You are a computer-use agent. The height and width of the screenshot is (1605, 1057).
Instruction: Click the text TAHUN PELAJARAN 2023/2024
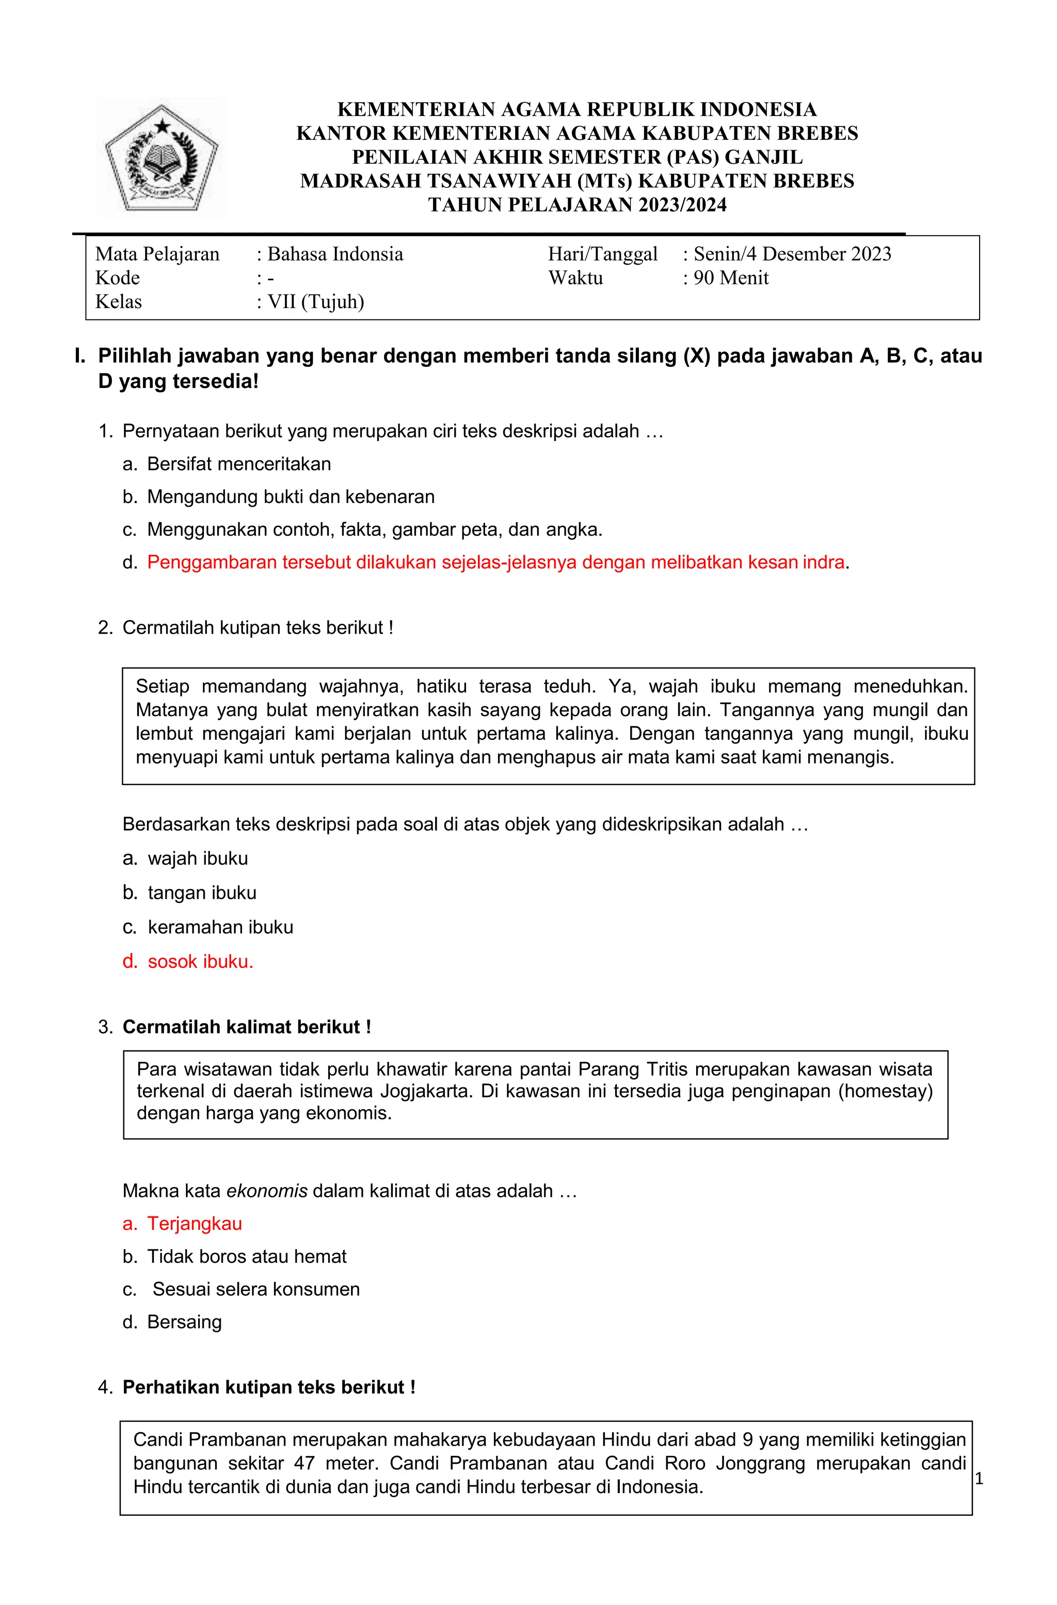click(578, 205)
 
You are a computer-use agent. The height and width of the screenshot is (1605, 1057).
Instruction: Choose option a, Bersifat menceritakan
click(239, 464)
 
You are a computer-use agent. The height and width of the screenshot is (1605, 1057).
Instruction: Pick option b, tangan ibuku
click(202, 893)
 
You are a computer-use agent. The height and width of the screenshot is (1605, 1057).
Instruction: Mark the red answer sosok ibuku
click(200, 962)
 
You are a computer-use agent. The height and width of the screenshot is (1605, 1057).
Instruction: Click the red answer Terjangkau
click(194, 1223)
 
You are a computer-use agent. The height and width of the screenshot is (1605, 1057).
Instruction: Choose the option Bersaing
click(184, 1322)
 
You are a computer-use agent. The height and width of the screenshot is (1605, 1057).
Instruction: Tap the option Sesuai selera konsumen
click(255, 1289)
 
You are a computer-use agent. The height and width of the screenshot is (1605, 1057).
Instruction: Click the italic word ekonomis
click(266, 1191)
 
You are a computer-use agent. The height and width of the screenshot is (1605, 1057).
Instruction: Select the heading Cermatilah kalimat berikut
click(246, 1027)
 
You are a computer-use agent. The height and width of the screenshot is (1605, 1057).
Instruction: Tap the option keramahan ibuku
click(220, 927)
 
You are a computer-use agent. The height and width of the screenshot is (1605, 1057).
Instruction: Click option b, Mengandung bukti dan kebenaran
click(291, 497)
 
